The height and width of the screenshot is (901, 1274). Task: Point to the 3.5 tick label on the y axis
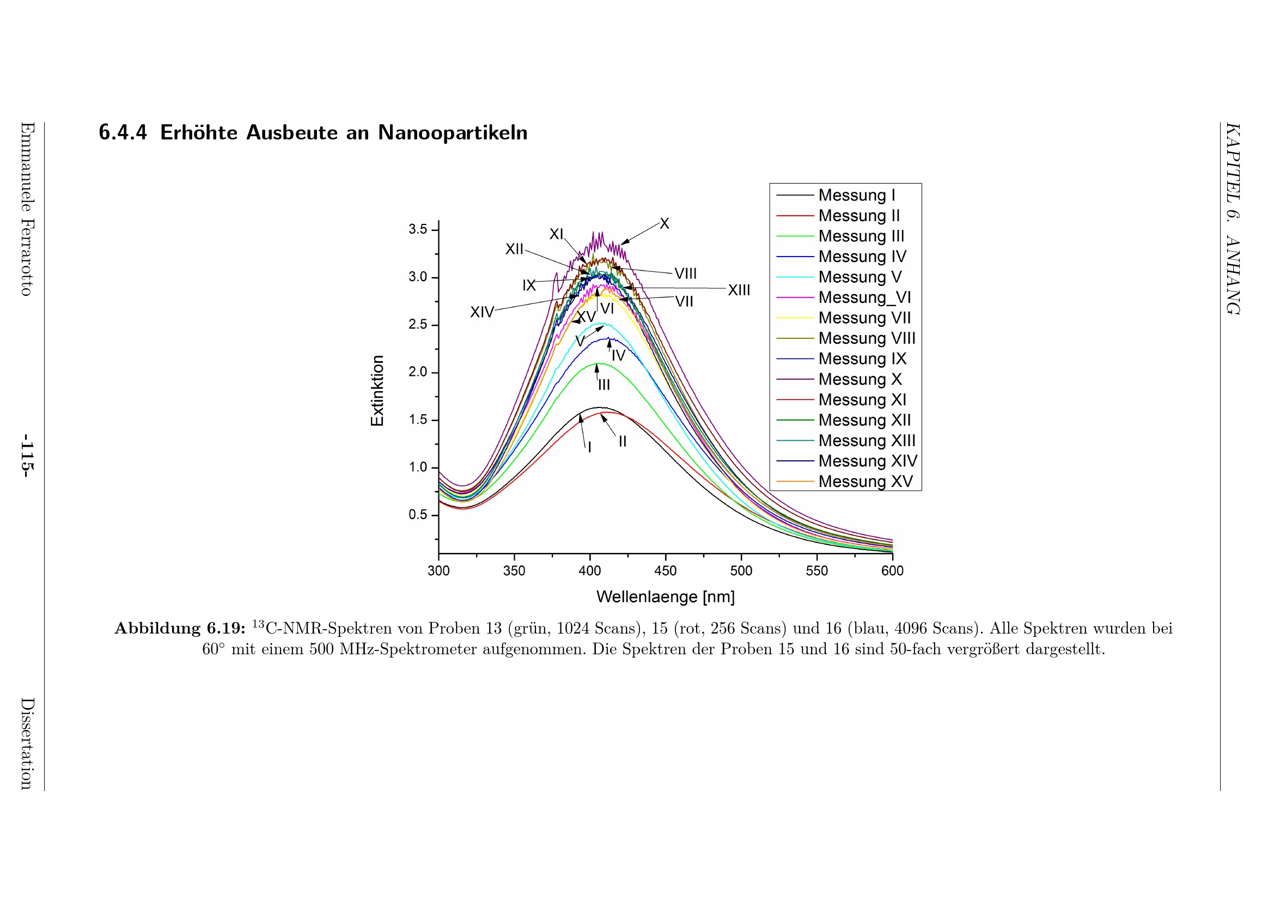click(x=418, y=229)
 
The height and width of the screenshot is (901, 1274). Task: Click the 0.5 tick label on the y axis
click(x=418, y=515)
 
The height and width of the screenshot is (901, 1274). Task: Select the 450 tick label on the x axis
click(x=665, y=571)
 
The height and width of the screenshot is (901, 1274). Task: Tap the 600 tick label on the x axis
click(x=892, y=571)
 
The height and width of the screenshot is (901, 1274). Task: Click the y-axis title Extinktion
click(x=377, y=391)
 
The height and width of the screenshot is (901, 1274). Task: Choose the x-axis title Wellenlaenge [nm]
click(x=665, y=597)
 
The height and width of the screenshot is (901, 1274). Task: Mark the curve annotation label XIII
click(x=739, y=290)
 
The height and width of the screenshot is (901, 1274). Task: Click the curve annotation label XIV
click(x=481, y=312)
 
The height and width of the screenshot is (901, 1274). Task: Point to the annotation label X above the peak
click(x=664, y=223)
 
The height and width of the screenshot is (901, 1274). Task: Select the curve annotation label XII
click(x=514, y=249)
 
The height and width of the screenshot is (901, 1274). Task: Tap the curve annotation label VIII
click(x=685, y=273)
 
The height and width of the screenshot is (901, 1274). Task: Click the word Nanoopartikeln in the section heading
click(x=452, y=132)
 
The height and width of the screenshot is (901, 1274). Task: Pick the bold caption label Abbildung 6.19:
click(x=180, y=628)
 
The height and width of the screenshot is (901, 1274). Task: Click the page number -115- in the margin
click(x=26, y=455)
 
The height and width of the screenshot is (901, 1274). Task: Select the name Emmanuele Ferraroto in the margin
click(x=26, y=209)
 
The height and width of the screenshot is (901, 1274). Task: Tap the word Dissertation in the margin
click(x=26, y=744)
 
